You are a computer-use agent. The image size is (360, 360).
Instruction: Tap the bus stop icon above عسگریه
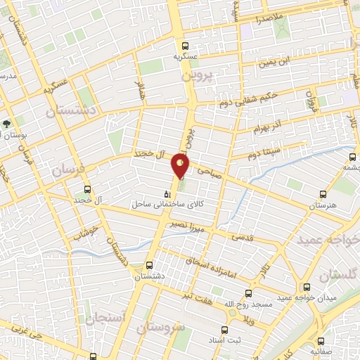[x=184, y=43]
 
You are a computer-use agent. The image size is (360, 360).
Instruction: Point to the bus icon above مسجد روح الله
[x=247, y=293]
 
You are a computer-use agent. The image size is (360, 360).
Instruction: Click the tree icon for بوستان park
[x=6, y=124]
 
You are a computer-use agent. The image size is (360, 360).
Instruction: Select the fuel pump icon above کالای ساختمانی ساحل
[x=167, y=194]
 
